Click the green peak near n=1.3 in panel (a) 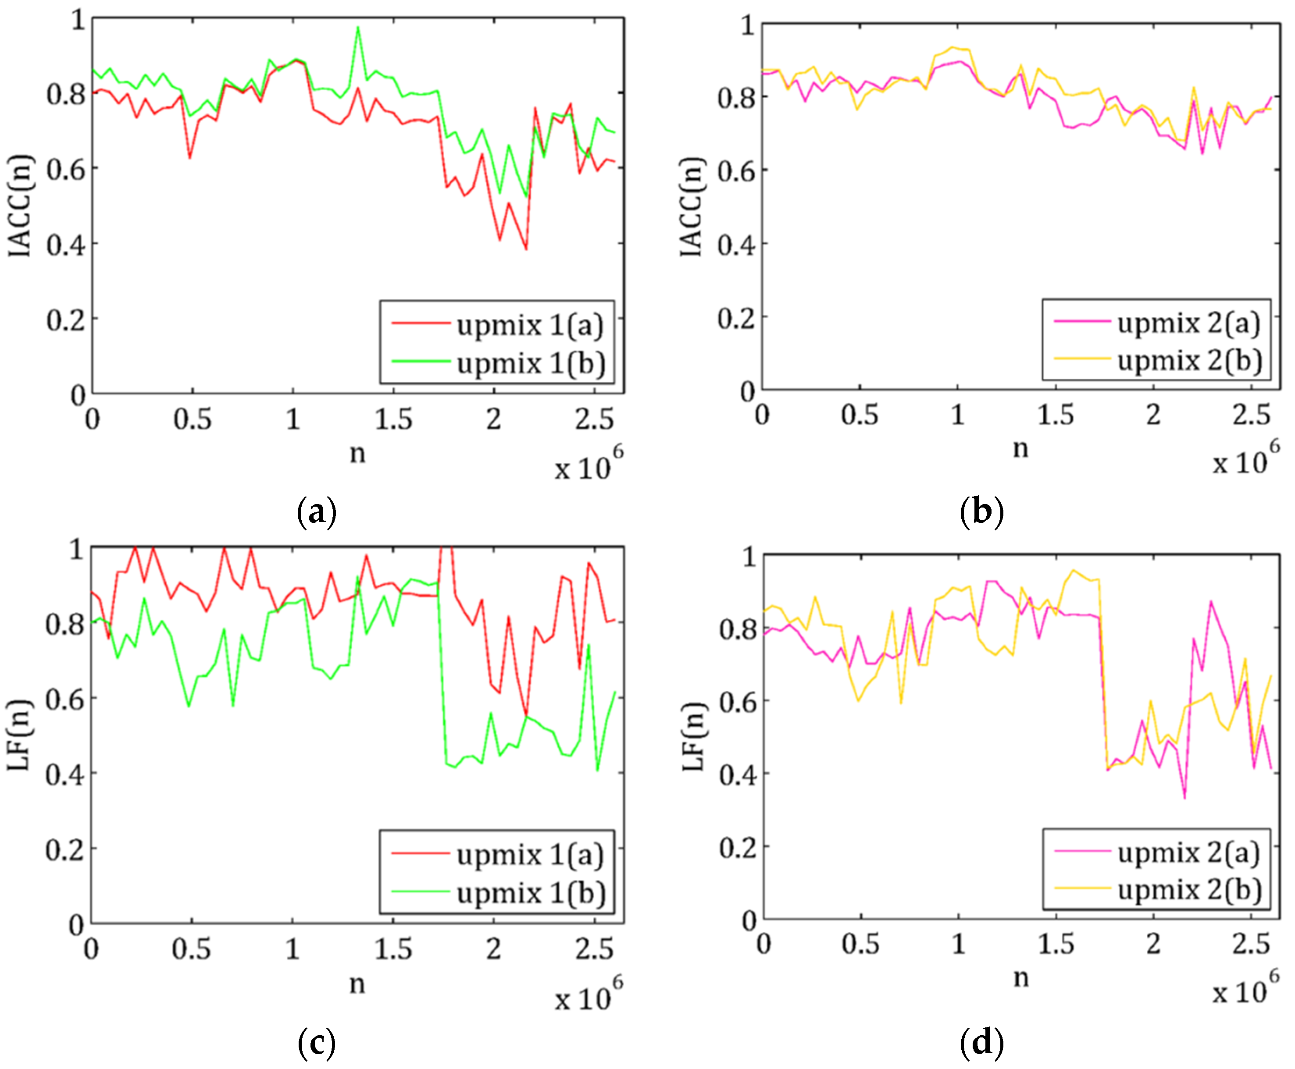point(358,28)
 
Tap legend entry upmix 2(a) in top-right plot point(1156,322)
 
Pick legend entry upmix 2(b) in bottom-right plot point(1156,889)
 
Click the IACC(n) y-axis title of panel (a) point(20,205)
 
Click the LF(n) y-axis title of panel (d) point(694,737)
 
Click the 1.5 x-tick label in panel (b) point(1056,415)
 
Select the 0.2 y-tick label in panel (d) point(738,848)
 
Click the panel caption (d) point(981,1042)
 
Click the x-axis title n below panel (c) point(357,984)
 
